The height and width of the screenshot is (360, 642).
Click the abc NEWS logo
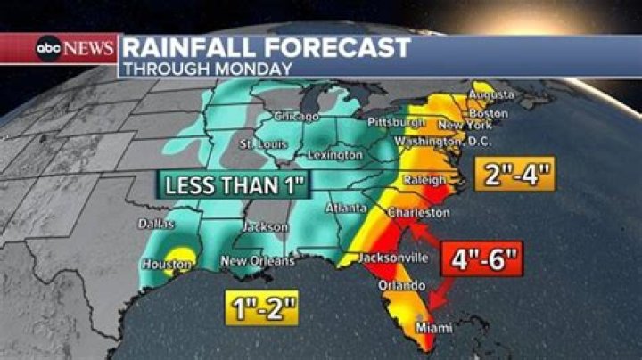pos(75,48)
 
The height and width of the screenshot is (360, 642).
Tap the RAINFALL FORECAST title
pos(267,47)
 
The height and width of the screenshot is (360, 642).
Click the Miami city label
pos(433,329)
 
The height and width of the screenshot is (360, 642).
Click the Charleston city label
pos(417,213)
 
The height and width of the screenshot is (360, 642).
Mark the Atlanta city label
pos(345,208)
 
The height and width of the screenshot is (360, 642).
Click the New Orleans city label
pos(258,261)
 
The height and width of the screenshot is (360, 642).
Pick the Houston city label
pos(167,265)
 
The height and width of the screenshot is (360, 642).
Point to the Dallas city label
pos(155,224)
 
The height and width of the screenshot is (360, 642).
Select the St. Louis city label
pos(260,144)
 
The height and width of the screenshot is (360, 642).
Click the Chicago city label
pos(296,117)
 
